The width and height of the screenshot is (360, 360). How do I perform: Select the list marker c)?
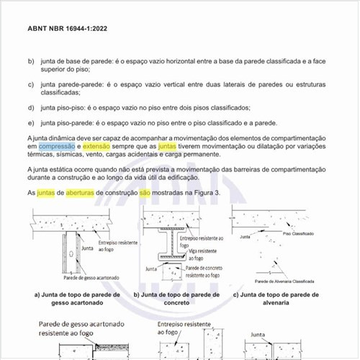[31, 85]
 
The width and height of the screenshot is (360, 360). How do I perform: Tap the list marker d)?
[31, 107]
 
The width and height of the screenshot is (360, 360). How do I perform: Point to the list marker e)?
[31, 122]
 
